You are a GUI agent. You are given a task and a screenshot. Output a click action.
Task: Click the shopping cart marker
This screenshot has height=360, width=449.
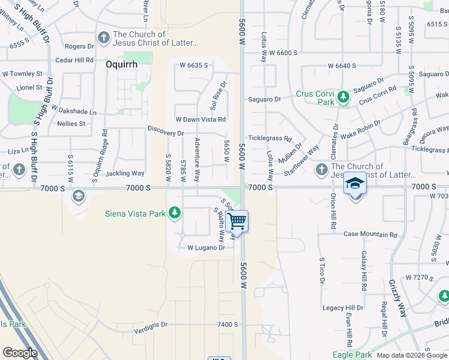[238, 221]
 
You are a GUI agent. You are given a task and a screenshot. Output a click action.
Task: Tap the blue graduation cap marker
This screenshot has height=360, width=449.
[355, 184]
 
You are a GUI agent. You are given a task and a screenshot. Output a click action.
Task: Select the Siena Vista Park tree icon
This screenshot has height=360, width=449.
[175, 212]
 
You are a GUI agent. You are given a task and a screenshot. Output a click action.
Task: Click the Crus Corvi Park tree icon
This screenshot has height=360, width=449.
[343, 96]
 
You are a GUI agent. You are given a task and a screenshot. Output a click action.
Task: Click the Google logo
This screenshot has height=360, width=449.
[20, 353]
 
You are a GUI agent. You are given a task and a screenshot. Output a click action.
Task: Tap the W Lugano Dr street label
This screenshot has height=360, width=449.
[206, 247]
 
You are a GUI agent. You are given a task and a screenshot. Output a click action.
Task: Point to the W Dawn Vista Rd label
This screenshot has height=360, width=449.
[200, 119]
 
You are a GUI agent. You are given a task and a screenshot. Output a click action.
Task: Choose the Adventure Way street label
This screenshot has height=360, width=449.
[197, 161]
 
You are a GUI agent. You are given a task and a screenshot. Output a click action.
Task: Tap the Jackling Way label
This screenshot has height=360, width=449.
[125, 173]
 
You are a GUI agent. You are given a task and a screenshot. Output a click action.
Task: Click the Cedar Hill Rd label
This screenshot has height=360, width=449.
[74, 60]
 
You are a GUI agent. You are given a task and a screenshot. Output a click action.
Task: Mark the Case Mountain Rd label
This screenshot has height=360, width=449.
[370, 235]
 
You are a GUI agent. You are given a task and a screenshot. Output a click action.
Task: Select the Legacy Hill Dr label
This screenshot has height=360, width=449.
[343, 308]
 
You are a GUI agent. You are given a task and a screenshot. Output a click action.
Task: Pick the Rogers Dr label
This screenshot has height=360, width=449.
[79, 46]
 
